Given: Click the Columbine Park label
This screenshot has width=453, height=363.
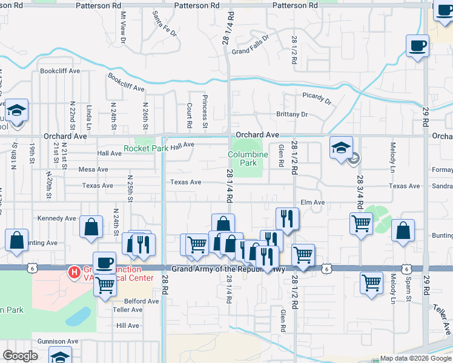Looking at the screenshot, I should pyautogui.click(x=248, y=159).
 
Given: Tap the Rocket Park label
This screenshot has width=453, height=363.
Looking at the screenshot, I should pyautogui.click(x=146, y=148).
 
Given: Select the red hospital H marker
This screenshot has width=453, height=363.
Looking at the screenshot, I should pyautogui.click(x=74, y=273).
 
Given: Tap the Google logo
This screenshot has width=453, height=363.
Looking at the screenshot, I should pyautogui.click(x=20, y=356).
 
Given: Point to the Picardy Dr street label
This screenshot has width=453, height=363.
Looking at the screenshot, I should pyautogui.click(x=317, y=99).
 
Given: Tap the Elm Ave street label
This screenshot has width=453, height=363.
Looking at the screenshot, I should pyautogui.click(x=313, y=202).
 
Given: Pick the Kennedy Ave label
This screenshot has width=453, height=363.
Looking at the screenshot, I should pyautogui.click(x=57, y=218).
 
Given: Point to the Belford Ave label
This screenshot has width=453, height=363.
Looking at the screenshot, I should pyautogui.click(x=141, y=301).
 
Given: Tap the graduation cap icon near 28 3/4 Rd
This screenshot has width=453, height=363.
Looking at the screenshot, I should pyautogui.click(x=341, y=147).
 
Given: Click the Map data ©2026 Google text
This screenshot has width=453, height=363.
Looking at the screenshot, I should pyautogui.click(x=415, y=358).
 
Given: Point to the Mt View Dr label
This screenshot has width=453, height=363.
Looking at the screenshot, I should pyautogui.click(x=123, y=27).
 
